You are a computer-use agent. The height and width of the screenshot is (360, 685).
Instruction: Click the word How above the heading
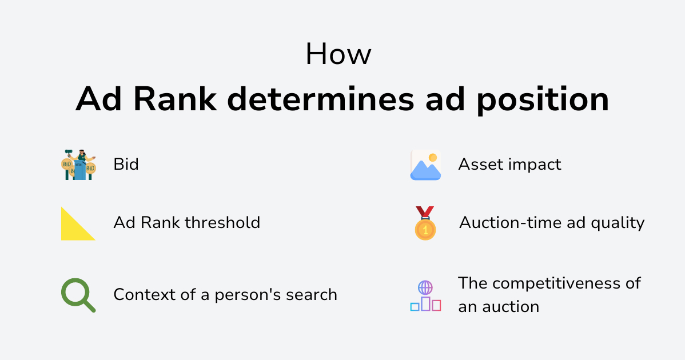[338, 54]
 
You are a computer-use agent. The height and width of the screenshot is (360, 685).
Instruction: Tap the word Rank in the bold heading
[175, 99]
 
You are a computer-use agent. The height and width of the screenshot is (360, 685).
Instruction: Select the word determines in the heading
[321, 99]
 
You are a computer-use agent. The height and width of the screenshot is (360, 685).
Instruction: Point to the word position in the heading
[543, 101]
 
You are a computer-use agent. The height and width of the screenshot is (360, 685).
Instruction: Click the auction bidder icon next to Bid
[78, 165]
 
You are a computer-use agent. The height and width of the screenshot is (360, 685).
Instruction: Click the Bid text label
[126, 165]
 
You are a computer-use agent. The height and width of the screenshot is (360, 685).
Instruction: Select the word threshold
[222, 222]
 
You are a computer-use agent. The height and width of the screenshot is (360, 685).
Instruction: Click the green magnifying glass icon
[78, 295]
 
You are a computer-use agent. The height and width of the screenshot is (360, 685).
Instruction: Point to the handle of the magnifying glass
[89, 306]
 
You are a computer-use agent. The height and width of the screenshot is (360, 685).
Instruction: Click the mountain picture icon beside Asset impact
[425, 165]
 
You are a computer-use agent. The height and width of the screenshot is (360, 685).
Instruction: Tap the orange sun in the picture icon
[433, 158]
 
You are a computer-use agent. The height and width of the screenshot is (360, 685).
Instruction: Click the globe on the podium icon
[425, 288]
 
